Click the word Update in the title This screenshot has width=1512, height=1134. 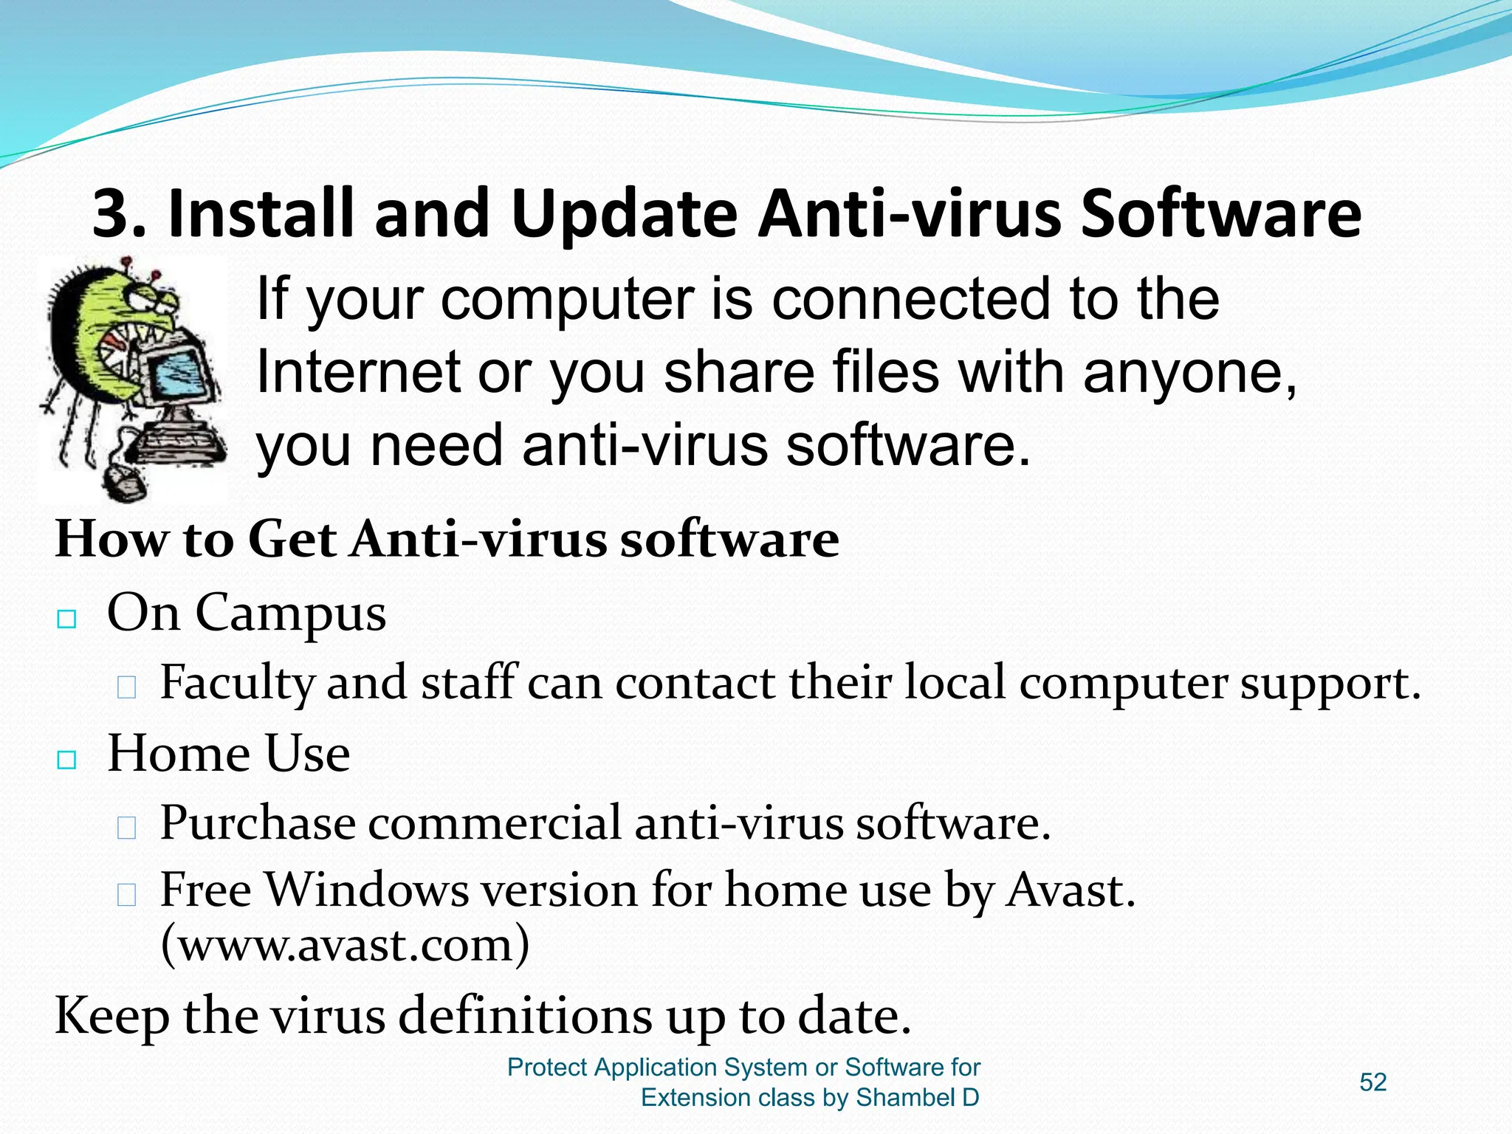(623, 214)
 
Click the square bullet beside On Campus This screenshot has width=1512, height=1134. (67, 619)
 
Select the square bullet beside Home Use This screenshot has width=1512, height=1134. (67, 760)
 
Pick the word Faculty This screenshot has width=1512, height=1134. (238, 683)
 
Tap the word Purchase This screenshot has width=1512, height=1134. (258, 823)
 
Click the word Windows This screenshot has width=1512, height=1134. (367, 890)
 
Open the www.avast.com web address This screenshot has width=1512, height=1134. (345, 945)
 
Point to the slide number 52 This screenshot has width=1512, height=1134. (1372, 1082)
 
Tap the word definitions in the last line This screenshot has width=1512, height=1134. (525, 1017)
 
